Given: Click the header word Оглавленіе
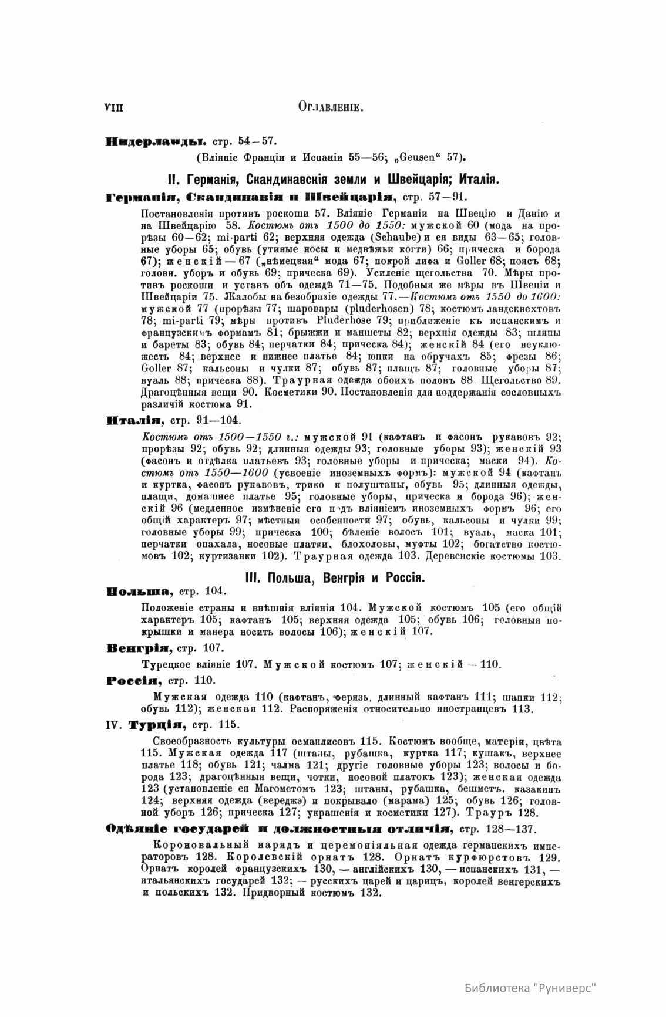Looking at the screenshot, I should coord(333,107).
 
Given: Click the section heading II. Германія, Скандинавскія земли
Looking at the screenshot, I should coord(333,178).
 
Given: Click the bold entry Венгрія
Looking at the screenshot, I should coord(139,648).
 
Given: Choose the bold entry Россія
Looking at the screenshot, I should coord(133,680).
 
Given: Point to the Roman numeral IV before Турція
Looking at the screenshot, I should coord(115,725).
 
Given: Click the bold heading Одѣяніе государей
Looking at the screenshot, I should coord(278,828).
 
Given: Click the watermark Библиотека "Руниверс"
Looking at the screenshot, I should coord(530,987).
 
